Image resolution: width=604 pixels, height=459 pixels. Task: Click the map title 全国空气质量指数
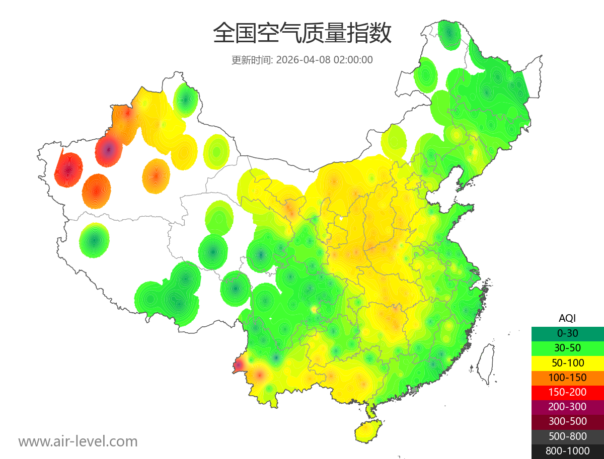pos(302,34)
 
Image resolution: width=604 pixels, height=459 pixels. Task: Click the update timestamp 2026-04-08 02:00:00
pos(325,60)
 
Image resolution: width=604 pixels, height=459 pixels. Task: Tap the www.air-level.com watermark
pos(78,441)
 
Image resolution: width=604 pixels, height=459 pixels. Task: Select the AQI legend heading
pos(567,318)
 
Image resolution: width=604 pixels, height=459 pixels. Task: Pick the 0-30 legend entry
pos(567,333)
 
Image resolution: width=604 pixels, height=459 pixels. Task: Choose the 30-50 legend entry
pos(567,348)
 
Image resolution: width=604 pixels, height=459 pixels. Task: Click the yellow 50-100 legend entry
pos(567,362)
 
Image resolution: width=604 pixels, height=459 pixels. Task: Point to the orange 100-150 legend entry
pos(567,378)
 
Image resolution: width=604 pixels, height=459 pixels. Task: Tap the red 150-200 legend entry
pos(567,392)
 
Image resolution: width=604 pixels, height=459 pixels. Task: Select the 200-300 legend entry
pos(567,407)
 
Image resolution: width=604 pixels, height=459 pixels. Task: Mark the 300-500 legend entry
pos(567,421)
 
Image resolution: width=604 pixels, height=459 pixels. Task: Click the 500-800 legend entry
pos(567,436)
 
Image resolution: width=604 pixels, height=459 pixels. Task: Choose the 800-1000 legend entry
pos(567,451)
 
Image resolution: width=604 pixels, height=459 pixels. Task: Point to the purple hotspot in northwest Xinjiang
pos(109,149)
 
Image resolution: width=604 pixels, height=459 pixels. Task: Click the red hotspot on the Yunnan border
pos(239,364)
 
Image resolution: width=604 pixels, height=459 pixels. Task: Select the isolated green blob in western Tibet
pos(94,240)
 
